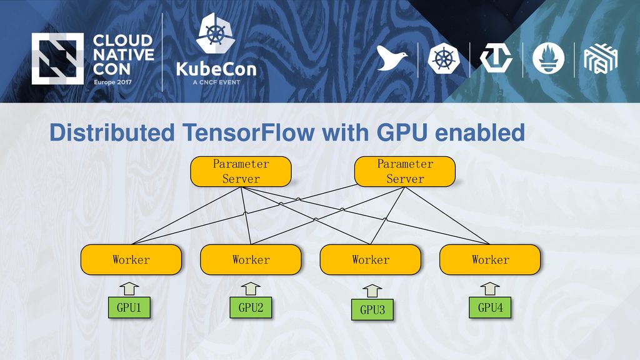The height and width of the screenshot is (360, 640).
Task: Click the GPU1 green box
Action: [x=129, y=307]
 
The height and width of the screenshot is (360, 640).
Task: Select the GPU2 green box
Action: [x=251, y=307]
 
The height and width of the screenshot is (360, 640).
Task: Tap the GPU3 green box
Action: [x=372, y=310]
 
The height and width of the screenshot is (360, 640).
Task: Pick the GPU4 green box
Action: [x=490, y=307]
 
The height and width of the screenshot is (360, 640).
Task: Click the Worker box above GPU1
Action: [x=131, y=259]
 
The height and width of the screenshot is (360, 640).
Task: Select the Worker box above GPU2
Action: [x=251, y=259]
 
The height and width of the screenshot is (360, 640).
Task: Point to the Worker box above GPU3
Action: [x=370, y=259]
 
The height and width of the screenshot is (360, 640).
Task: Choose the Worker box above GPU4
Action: [x=490, y=259]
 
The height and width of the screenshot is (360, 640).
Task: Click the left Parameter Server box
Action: [x=241, y=171]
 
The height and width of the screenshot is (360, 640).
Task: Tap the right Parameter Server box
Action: [x=405, y=171]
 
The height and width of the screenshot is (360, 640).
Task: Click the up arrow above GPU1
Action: [x=129, y=289]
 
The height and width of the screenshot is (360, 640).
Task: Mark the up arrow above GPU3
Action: [x=372, y=291]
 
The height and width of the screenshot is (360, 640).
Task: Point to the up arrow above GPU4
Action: [x=490, y=289]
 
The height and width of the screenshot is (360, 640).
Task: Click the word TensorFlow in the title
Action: [x=249, y=132]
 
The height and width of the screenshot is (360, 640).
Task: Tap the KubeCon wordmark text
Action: [x=216, y=69]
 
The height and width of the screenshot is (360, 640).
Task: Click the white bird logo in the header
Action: [x=391, y=58]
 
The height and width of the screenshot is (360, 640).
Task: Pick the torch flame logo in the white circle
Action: [x=549, y=58]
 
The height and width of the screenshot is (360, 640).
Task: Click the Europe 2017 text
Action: [x=112, y=82]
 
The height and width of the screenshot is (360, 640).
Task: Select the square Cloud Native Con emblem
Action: [x=57, y=59]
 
